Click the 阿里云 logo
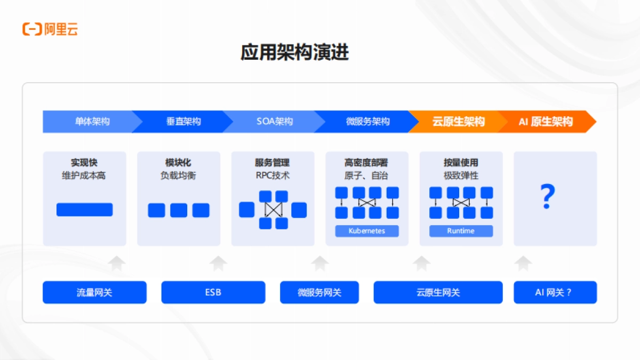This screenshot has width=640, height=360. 50,29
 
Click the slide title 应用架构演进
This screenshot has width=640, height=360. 294,53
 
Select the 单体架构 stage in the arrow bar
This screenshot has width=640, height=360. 92,122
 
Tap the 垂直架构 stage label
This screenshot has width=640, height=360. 183,122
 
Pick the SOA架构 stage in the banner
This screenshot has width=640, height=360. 275,122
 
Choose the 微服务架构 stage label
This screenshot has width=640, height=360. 367,122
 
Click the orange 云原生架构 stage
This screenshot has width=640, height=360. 458,122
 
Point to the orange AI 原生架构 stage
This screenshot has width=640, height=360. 546,122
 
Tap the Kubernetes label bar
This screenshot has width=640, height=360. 366,231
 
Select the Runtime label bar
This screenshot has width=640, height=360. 461,231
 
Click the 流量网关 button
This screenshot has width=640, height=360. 94,292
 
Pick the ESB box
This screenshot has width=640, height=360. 213,292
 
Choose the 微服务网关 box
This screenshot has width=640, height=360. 319,292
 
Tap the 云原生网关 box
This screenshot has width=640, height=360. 438,292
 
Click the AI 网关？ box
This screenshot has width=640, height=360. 555,292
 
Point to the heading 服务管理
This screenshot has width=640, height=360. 272,163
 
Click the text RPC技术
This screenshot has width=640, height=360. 272,175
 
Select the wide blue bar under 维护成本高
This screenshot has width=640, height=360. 84,210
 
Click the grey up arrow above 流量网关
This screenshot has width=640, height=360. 116,263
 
